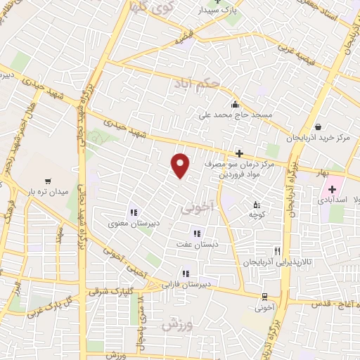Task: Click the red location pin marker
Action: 181,166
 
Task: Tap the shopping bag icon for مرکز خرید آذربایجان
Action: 319,127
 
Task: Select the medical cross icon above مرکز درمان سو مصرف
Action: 239,153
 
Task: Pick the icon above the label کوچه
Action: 257,205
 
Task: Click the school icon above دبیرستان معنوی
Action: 132,212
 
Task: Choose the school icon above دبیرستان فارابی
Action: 185,274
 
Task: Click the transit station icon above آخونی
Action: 264,296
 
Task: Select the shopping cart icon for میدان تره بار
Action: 48,180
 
